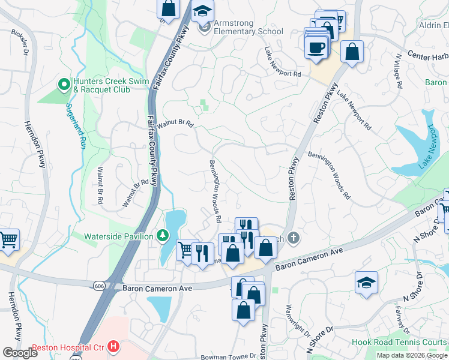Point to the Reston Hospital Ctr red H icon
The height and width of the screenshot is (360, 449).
coord(112,347)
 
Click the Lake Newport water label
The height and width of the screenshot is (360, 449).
coord(427,146)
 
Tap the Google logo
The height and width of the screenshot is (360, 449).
coord(20,353)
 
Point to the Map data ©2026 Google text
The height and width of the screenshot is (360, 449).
coord(412,355)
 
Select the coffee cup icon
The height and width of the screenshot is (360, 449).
coord(316,47)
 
